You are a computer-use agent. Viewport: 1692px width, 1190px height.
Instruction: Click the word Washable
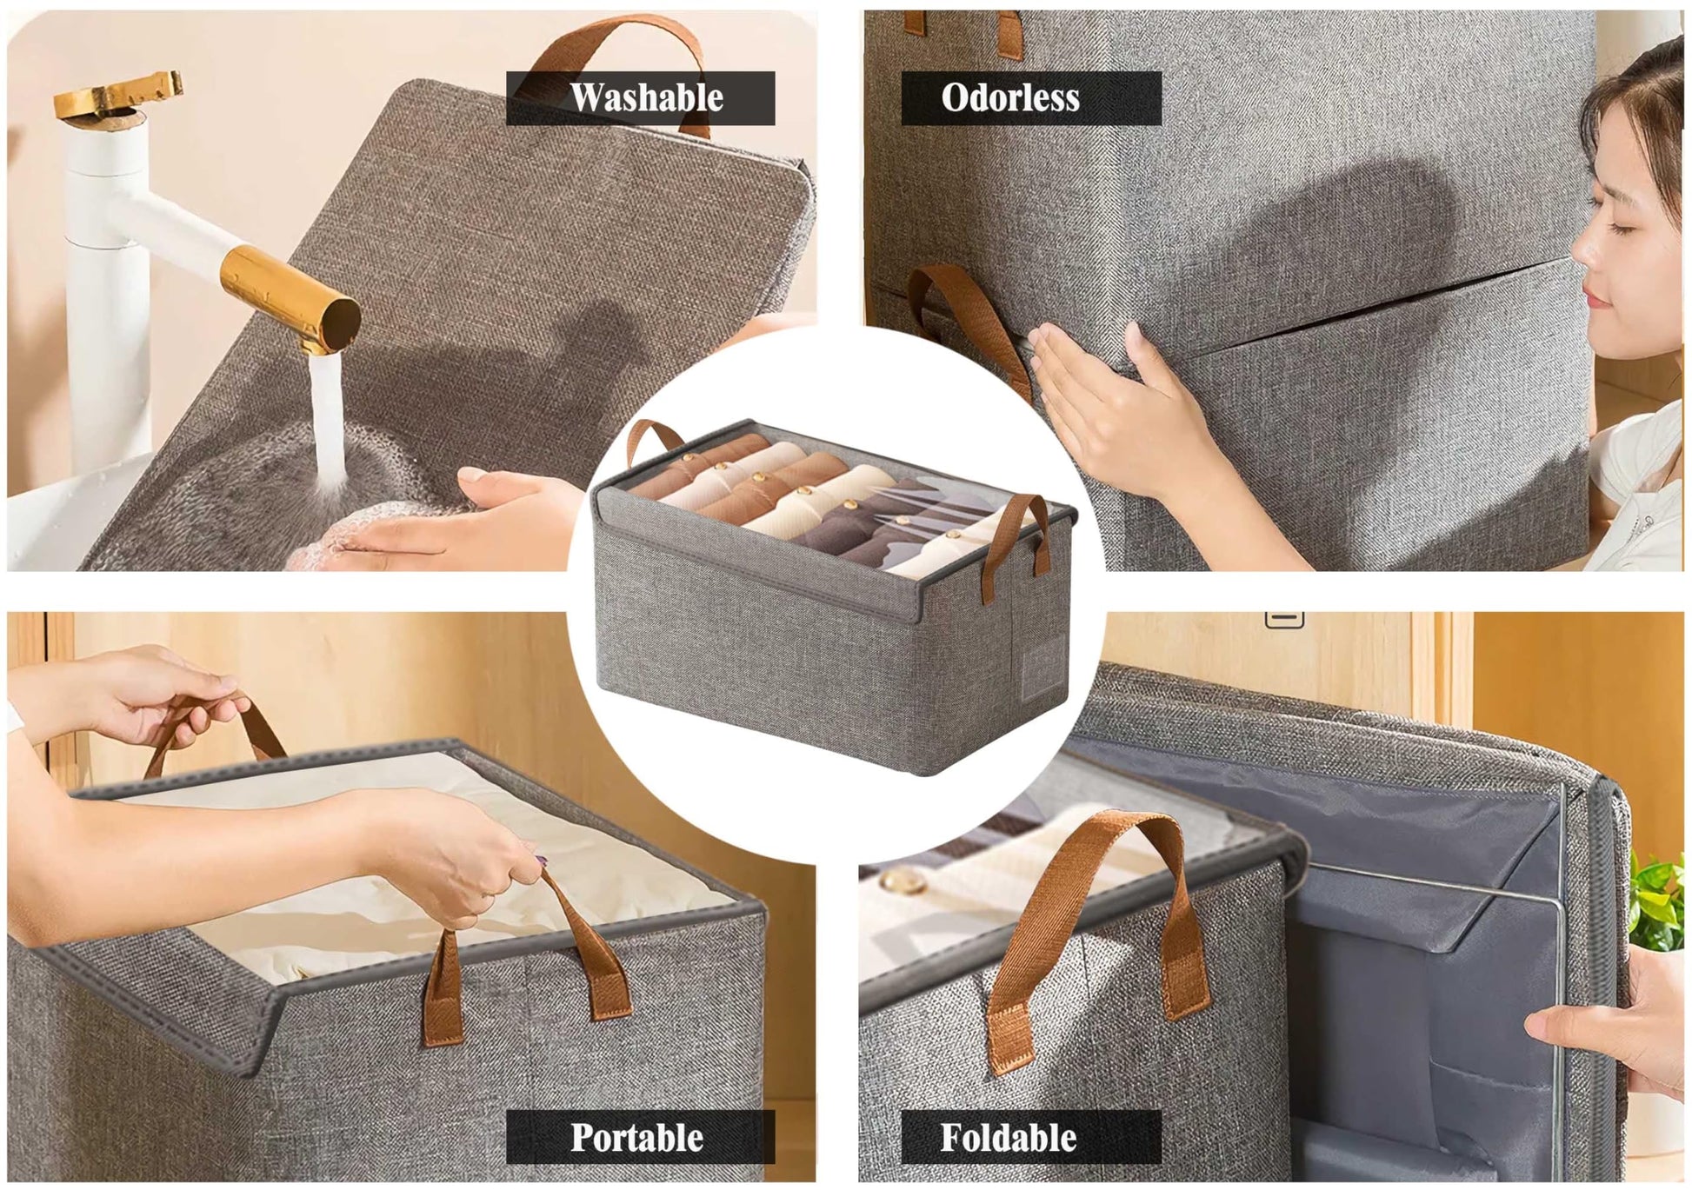[x=647, y=97]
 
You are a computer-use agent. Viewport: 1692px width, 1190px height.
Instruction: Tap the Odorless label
[x=1010, y=97]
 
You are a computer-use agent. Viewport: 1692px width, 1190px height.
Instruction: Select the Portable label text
[x=637, y=1137]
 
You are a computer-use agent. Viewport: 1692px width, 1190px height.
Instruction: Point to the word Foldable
[x=1009, y=1137]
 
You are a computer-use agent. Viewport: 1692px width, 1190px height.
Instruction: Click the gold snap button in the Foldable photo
[x=904, y=882]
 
